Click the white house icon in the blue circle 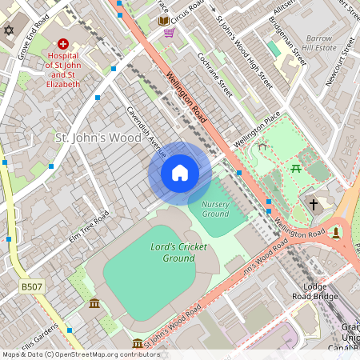[x=180, y=173]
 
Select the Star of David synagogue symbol [x=10, y=30]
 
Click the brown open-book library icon [x=163, y=20]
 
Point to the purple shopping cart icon [x=169, y=33]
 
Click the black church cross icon [x=314, y=205]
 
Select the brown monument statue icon [x=336, y=232]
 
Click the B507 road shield [x=31, y=286]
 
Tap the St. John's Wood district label [x=98, y=138]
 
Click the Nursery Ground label [x=215, y=209]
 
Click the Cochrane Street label [x=214, y=75]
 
